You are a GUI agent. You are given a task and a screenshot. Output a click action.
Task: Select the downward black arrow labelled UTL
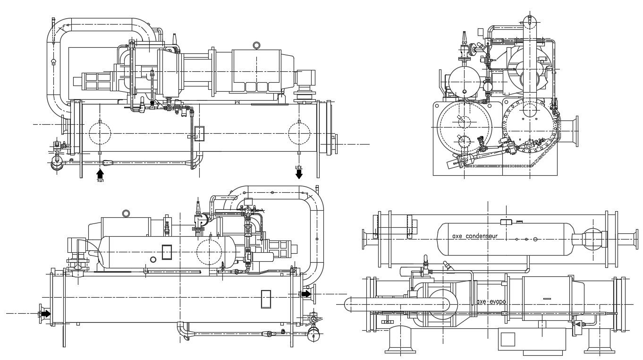(299, 174)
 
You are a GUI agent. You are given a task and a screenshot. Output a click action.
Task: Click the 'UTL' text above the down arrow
(298, 167)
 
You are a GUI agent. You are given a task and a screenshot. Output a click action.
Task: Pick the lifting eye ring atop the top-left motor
(257, 45)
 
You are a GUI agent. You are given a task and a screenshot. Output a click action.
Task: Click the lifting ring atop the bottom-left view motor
(126, 213)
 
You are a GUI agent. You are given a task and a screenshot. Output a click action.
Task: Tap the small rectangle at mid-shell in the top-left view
(200, 134)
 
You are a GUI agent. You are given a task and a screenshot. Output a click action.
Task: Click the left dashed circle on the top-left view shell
(100, 133)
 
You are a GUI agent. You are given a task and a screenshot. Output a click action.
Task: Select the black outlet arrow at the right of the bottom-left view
(306, 294)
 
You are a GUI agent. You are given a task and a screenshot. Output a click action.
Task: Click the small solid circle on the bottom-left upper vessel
(153, 259)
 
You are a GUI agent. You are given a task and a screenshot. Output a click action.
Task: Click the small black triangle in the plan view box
(578, 325)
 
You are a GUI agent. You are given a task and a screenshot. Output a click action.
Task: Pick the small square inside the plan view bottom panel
(508, 340)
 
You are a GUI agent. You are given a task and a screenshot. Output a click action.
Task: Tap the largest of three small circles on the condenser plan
(535, 239)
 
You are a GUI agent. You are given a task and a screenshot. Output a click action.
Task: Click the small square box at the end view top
(481, 32)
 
